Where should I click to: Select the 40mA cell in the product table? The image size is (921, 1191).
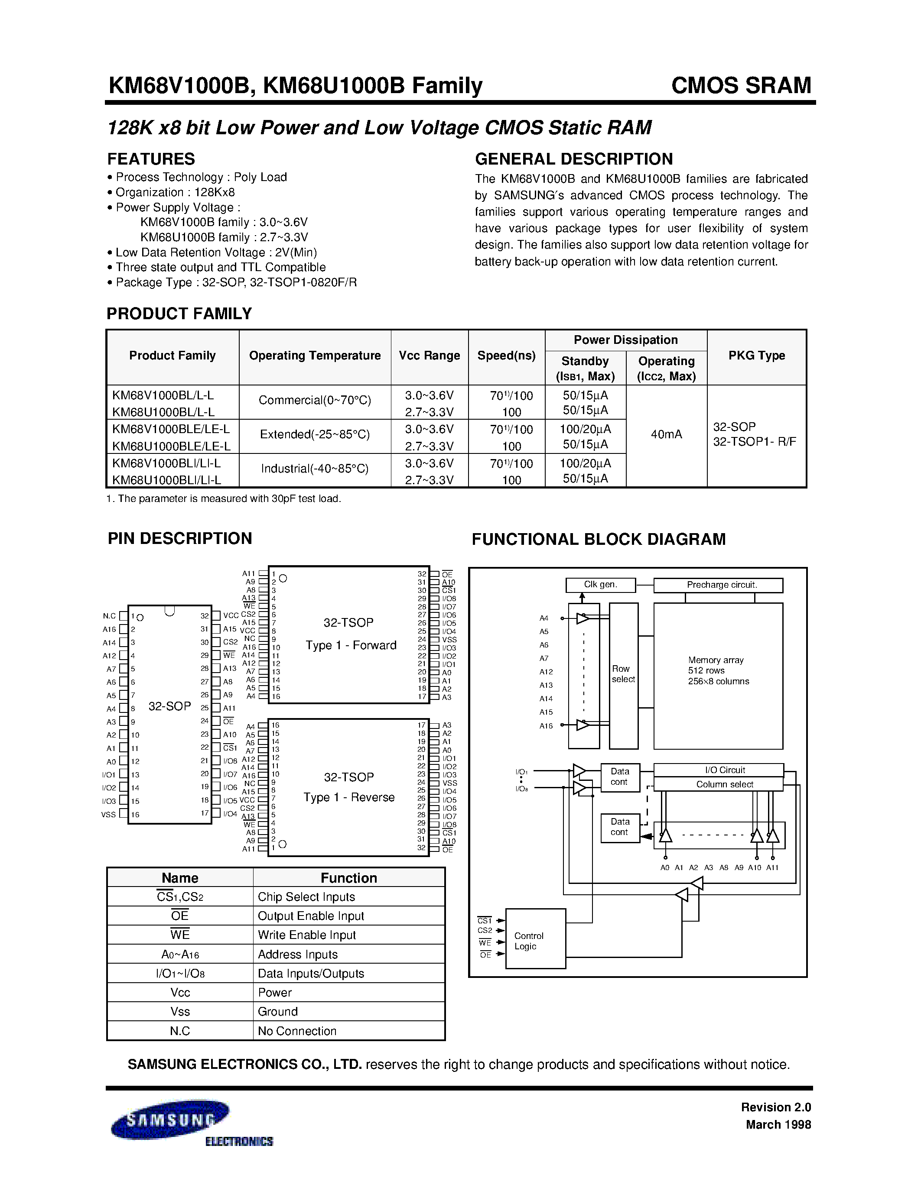pyautogui.click(x=666, y=435)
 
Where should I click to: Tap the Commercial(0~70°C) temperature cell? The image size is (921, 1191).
pyautogui.click(x=315, y=400)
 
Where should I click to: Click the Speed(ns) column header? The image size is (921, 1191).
pyautogui.click(x=506, y=356)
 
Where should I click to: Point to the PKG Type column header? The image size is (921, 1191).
pyautogui.click(x=756, y=356)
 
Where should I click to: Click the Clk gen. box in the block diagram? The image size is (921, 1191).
pyautogui.click(x=600, y=585)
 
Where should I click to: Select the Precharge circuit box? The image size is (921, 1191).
pyautogui.click(x=718, y=585)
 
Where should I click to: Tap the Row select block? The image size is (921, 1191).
pyautogui.click(x=623, y=675)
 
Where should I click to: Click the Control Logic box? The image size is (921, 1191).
pyautogui.click(x=535, y=941)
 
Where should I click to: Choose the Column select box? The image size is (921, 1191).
pyautogui.click(x=718, y=784)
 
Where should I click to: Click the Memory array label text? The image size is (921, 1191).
pyautogui.click(x=716, y=660)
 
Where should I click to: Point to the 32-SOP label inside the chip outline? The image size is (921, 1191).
pyautogui.click(x=170, y=706)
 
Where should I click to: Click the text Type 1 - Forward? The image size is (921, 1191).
pyautogui.click(x=351, y=645)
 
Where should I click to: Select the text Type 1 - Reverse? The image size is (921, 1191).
pyautogui.click(x=349, y=797)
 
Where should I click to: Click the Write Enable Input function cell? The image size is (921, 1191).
pyautogui.click(x=306, y=935)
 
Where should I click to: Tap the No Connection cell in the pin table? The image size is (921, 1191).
pyautogui.click(x=297, y=1031)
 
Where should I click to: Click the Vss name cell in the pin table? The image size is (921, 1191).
pyautogui.click(x=180, y=1012)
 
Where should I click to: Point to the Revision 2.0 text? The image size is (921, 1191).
pyautogui.click(x=776, y=1107)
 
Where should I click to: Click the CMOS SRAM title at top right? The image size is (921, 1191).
pyautogui.click(x=741, y=86)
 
